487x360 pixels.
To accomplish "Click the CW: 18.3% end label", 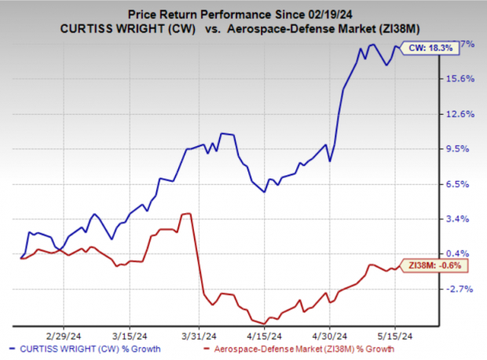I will pyautogui.click(x=431, y=48).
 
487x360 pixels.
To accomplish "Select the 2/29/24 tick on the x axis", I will pyautogui.click(x=68, y=332).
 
